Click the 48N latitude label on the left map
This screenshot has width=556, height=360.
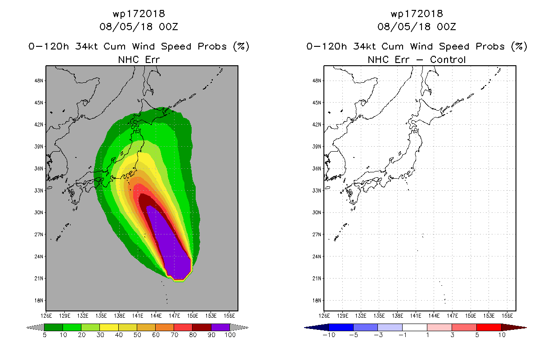click(x=39, y=81)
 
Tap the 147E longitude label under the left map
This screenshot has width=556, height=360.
click(x=174, y=316)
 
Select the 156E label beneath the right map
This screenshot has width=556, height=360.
click(x=507, y=316)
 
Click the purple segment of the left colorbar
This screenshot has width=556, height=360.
click(x=220, y=327)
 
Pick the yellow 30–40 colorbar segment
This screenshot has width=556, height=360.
click(x=109, y=327)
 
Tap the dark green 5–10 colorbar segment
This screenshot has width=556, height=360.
click(x=54, y=327)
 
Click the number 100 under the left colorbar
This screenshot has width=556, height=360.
click(x=230, y=335)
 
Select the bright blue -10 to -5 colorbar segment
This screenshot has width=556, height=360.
click(x=341, y=327)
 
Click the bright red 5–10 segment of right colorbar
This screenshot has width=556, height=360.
click(x=489, y=327)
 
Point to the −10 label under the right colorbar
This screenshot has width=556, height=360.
click(x=329, y=335)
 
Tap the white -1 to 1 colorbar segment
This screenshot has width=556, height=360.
click(x=415, y=327)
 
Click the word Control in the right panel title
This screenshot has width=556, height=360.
click(x=448, y=60)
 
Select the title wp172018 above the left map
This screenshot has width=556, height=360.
click(x=139, y=14)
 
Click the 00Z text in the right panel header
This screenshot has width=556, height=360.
click(x=446, y=27)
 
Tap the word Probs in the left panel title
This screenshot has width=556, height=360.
click(x=212, y=46)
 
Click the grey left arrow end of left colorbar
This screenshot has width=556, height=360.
click(x=35, y=328)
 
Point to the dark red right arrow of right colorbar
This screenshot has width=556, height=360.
click(x=514, y=328)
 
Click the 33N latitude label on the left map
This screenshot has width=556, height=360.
click(x=39, y=191)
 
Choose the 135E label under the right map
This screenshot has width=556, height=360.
click(x=379, y=316)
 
